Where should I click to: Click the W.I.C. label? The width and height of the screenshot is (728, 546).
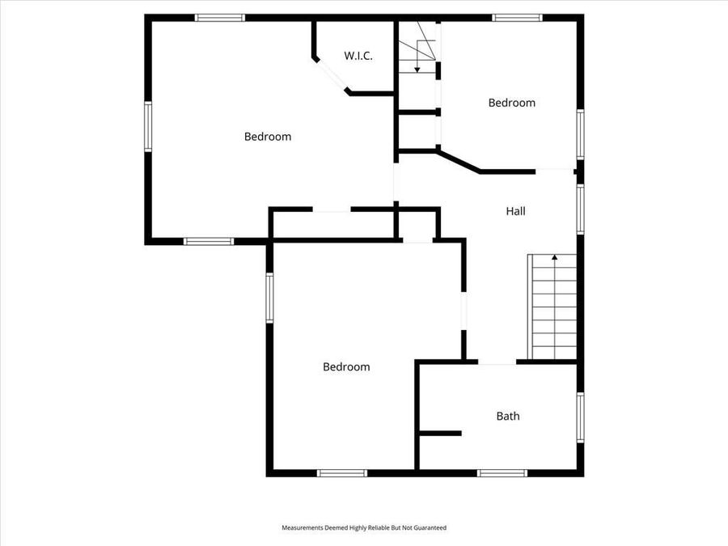[358, 56]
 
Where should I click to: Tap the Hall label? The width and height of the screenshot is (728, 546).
[516, 211]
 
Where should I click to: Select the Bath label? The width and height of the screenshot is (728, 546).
[508, 417]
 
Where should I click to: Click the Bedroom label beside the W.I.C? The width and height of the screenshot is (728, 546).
[268, 137]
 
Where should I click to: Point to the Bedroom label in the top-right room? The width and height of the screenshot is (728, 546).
[512, 103]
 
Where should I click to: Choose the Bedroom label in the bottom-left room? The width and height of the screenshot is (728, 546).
[346, 366]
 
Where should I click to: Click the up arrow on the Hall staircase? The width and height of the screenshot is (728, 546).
[555, 259]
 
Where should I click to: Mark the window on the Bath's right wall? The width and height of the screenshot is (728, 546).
[580, 417]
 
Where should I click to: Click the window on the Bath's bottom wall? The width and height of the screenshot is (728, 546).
[502, 472]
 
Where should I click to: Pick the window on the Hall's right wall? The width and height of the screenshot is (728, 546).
[580, 209]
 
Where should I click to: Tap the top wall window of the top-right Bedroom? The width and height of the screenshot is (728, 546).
[518, 17]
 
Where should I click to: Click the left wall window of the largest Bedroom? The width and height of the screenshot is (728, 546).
[148, 126]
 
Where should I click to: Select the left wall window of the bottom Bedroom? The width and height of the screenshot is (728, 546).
[270, 298]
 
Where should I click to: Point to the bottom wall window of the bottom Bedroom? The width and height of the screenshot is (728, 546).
[341, 472]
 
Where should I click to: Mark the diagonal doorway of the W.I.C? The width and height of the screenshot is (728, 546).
[331, 74]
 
